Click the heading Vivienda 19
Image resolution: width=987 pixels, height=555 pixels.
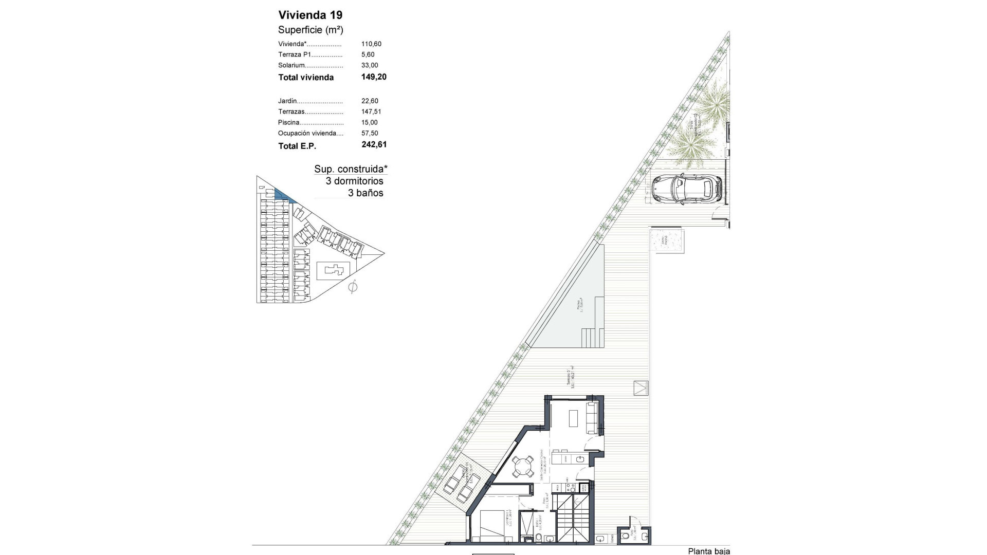pyautogui.click(x=310, y=15)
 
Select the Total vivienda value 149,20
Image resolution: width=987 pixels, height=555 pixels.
pyautogui.click(x=374, y=77)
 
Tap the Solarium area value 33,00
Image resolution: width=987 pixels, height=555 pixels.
pyautogui.click(x=370, y=65)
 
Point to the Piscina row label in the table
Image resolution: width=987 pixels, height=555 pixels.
pyautogui.click(x=289, y=122)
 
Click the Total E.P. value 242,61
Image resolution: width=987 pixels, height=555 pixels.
pyautogui.click(x=374, y=144)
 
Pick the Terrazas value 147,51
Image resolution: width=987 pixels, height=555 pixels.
pyautogui.click(x=371, y=112)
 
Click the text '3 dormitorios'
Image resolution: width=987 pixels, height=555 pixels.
pyautogui.click(x=354, y=181)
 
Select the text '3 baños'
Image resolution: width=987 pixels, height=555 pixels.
pyautogui.click(x=365, y=193)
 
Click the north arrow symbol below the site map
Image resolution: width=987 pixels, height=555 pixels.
pyautogui.click(x=353, y=287)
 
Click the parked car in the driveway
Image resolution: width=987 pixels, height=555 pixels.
pyautogui.click(x=686, y=189)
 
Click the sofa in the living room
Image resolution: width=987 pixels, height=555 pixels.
pyautogui.click(x=592, y=418)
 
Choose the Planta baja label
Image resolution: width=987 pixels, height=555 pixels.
pyautogui.click(x=708, y=551)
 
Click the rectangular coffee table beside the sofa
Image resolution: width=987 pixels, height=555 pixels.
pyautogui.click(x=574, y=418)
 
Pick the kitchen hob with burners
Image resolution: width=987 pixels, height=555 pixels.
pyautogui.click(x=569, y=486)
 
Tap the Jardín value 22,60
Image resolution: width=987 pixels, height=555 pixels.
pyautogui.click(x=370, y=101)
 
